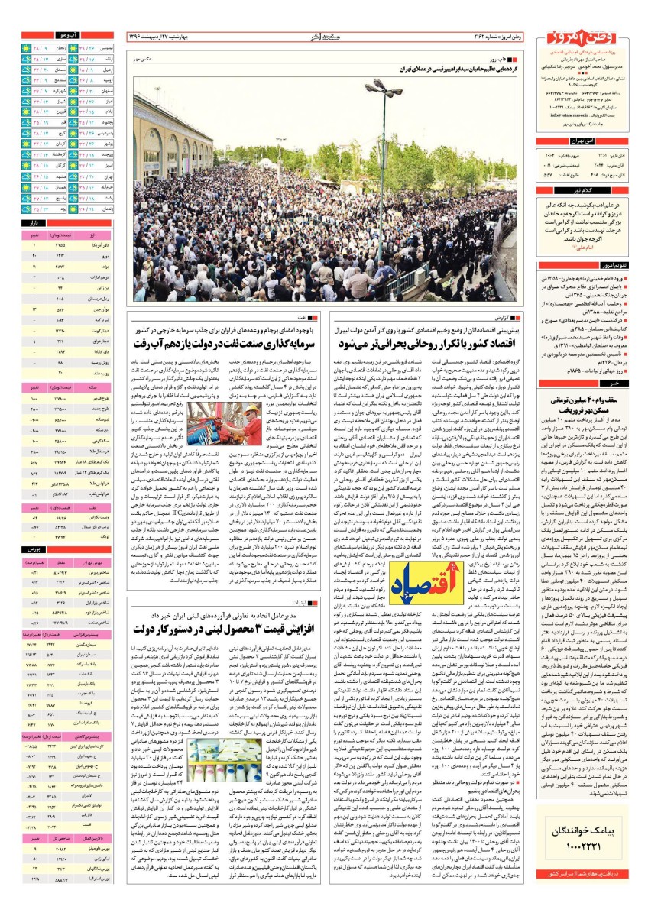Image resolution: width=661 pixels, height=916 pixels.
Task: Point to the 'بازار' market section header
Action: coord(34,222)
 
